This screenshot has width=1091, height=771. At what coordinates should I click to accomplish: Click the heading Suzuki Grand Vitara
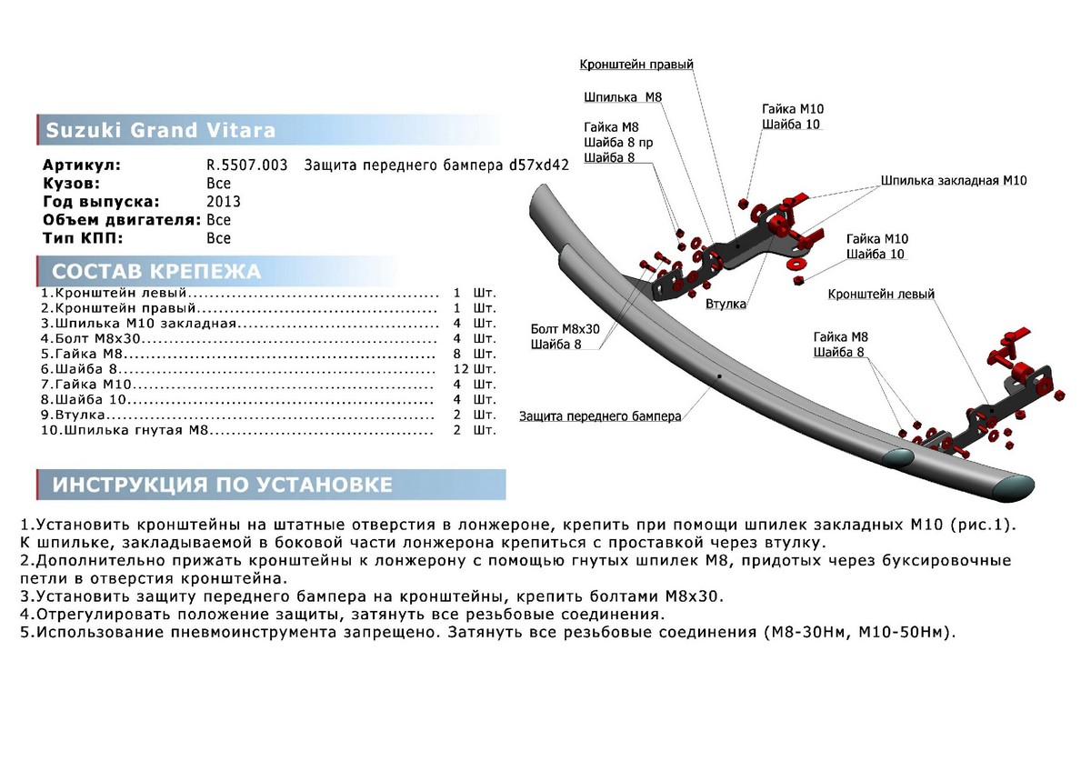pyautogui.click(x=160, y=130)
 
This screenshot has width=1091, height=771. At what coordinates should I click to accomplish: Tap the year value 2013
pyautogui.click(x=224, y=202)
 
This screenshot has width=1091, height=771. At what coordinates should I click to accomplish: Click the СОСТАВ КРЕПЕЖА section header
pyautogui.click(x=156, y=272)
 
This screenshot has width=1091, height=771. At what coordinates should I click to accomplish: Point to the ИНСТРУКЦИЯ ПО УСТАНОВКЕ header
pyautogui.click(x=222, y=485)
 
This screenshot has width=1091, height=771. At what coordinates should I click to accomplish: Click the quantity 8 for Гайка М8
pyautogui.click(x=458, y=354)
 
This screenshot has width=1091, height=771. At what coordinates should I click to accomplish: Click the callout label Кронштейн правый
pyautogui.click(x=636, y=65)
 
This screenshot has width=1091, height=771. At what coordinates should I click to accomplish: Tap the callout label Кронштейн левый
pyautogui.click(x=880, y=295)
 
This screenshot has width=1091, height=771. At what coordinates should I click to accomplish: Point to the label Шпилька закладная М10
pyautogui.click(x=953, y=181)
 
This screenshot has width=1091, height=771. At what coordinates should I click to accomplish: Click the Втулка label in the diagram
pyautogui.click(x=726, y=304)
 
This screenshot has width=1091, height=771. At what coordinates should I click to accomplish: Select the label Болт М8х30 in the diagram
pyautogui.click(x=565, y=328)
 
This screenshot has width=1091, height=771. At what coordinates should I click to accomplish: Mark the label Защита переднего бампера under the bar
pyautogui.click(x=600, y=416)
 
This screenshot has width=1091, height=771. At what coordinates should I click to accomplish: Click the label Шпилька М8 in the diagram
pyautogui.click(x=624, y=97)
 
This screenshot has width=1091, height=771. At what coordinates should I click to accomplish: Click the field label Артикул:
pyautogui.click(x=81, y=165)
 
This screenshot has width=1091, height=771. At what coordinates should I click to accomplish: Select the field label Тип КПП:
pyautogui.click(x=82, y=238)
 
